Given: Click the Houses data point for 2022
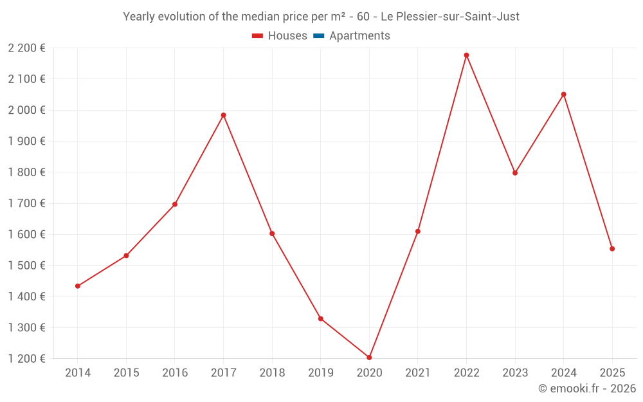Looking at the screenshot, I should point(466,55).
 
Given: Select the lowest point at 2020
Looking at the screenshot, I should point(369,358).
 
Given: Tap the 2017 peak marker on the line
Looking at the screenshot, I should point(223,115).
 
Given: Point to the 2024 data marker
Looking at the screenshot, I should point(563,95).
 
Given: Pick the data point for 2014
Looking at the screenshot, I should point(78,286).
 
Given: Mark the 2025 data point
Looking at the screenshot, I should point(612,249).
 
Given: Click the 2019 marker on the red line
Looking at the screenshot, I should point(320,318).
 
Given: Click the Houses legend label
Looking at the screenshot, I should point(287,36).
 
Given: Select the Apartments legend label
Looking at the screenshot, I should point(359,36).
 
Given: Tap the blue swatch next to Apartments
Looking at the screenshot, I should point(319,36).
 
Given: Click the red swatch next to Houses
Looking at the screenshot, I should point(258,36).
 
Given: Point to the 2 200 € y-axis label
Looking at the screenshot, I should point(26,48).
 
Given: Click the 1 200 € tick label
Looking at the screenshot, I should point(26,359).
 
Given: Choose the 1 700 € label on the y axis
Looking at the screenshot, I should point(26,203).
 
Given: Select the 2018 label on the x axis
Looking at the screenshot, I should point(272,373).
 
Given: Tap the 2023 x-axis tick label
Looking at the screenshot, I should point(515,373).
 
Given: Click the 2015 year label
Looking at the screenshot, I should point(126,373).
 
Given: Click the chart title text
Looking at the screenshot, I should point(321,17).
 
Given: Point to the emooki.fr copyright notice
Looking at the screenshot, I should point(586,388).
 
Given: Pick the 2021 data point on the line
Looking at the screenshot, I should point(418,232).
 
